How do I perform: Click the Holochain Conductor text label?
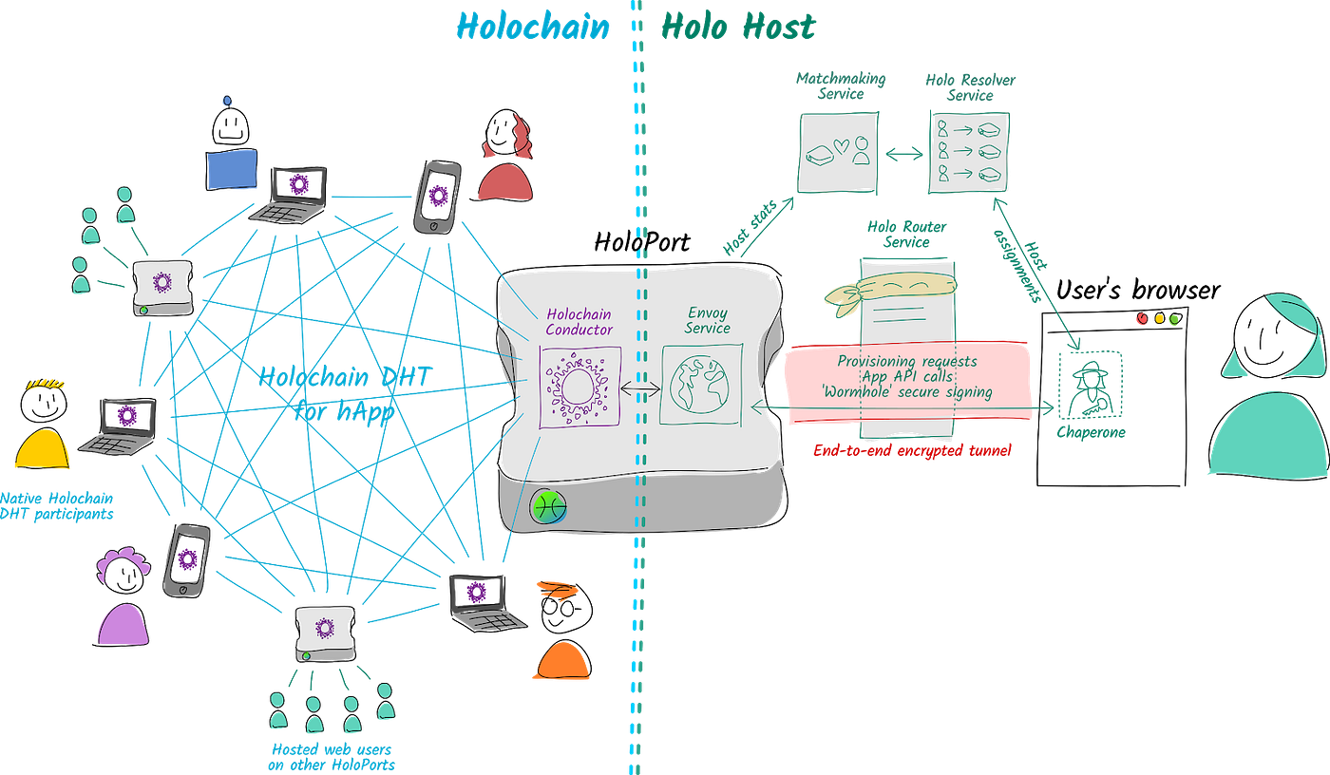(x=579, y=321)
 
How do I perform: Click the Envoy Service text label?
(x=708, y=320)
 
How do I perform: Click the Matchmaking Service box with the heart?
(x=834, y=152)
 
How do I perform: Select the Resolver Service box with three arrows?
(x=968, y=152)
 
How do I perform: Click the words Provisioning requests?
(x=906, y=361)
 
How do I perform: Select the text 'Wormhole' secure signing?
(x=906, y=391)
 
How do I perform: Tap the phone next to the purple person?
(x=186, y=559)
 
